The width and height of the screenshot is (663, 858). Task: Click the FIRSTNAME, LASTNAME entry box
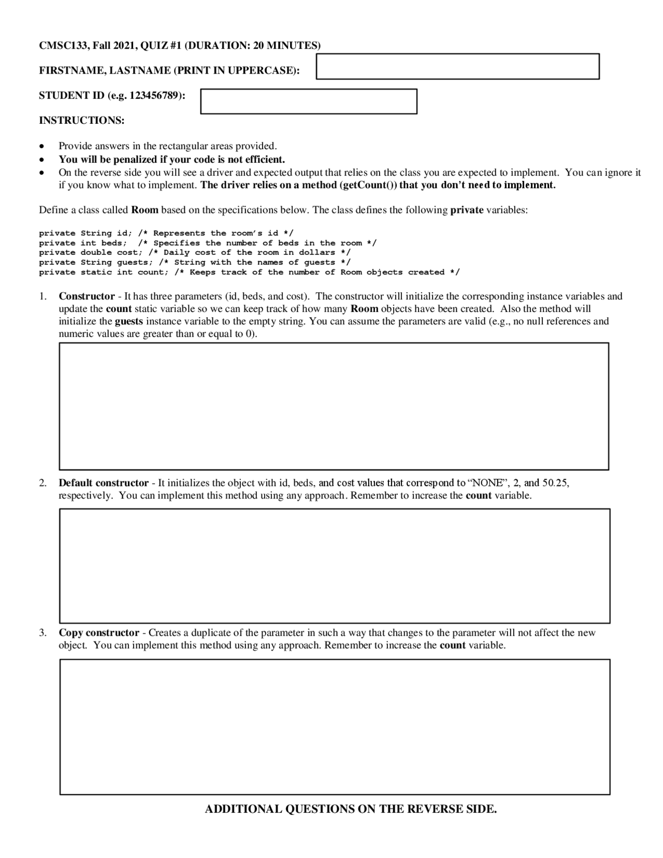(x=457, y=66)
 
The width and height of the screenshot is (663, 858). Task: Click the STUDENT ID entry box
(x=309, y=102)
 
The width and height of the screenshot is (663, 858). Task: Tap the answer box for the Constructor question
(x=334, y=406)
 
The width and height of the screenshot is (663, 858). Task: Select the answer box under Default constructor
(x=335, y=566)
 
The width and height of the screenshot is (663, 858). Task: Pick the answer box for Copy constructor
(x=335, y=727)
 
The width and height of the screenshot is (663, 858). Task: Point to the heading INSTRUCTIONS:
(x=82, y=121)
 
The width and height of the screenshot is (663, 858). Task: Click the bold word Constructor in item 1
(x=87, y=296)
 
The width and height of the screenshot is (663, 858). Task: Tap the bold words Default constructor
(x=104, y=483)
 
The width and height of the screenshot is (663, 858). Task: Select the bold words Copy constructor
(x=99, y=633)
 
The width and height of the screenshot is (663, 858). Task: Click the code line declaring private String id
(x=166, y=233)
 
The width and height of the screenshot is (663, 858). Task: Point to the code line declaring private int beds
(x=207, y=243)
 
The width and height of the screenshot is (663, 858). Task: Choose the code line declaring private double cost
(x=194, y=253)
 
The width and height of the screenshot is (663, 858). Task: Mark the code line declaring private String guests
(x=194, y=263)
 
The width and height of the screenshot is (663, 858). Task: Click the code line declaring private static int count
(x=249, y=273)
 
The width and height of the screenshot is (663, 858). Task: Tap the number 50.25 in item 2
(x=555, y=483)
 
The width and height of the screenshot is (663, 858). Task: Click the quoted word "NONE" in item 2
(x=488, y=483)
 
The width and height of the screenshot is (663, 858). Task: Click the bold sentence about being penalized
(x=171, y=159)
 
